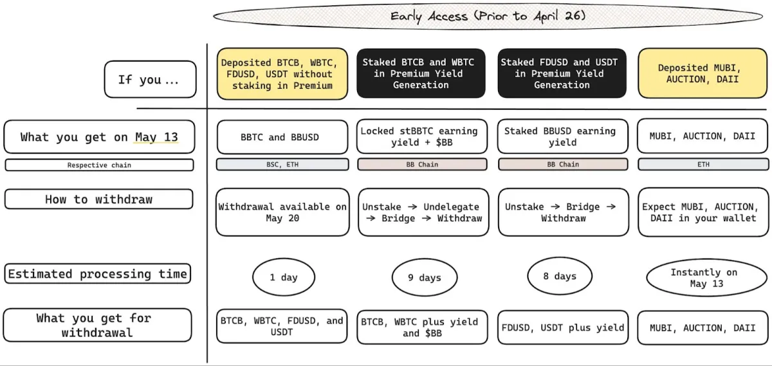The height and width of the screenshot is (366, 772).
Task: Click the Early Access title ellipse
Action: click(x=488, y=16)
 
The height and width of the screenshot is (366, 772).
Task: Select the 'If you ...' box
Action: click(x=151, y=79)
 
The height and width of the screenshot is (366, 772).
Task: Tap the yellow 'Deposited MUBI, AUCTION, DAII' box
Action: click(x=703, y=73)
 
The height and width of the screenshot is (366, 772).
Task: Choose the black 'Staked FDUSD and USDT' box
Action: click(x=562, y=73)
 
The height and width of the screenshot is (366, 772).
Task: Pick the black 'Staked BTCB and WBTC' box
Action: click(x=421, y=73)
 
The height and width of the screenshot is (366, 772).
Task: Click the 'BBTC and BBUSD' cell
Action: click(x=282, y=137)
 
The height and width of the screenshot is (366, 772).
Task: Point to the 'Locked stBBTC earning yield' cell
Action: click(x=422, y=136)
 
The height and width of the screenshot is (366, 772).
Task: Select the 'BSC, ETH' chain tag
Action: click(x=282, y=165)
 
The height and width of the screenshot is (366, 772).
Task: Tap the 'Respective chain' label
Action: click(x=99, y=165)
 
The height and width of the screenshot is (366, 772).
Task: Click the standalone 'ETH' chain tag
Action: click(x=703, y=165)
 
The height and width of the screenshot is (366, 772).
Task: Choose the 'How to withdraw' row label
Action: click(x=99, y=199)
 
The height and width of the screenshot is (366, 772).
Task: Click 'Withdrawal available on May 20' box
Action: click(x=282, y=212)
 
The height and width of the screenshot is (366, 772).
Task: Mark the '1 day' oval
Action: click(x=284, y=277)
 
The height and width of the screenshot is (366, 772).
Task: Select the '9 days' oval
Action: click(x=425, y=277)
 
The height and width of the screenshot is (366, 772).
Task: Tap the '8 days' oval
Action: click(x=560, y=276)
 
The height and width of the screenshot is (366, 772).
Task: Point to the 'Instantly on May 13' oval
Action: click(x=706, y=278)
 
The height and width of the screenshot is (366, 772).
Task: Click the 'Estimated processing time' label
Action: click(x=98, y=274)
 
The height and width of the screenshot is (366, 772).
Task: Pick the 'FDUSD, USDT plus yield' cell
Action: click(x=563, y=327)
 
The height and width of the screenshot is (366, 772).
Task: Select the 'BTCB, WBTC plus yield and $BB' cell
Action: click(x=422, y=327)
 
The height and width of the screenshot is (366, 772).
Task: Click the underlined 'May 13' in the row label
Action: click(x=156, y=137)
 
